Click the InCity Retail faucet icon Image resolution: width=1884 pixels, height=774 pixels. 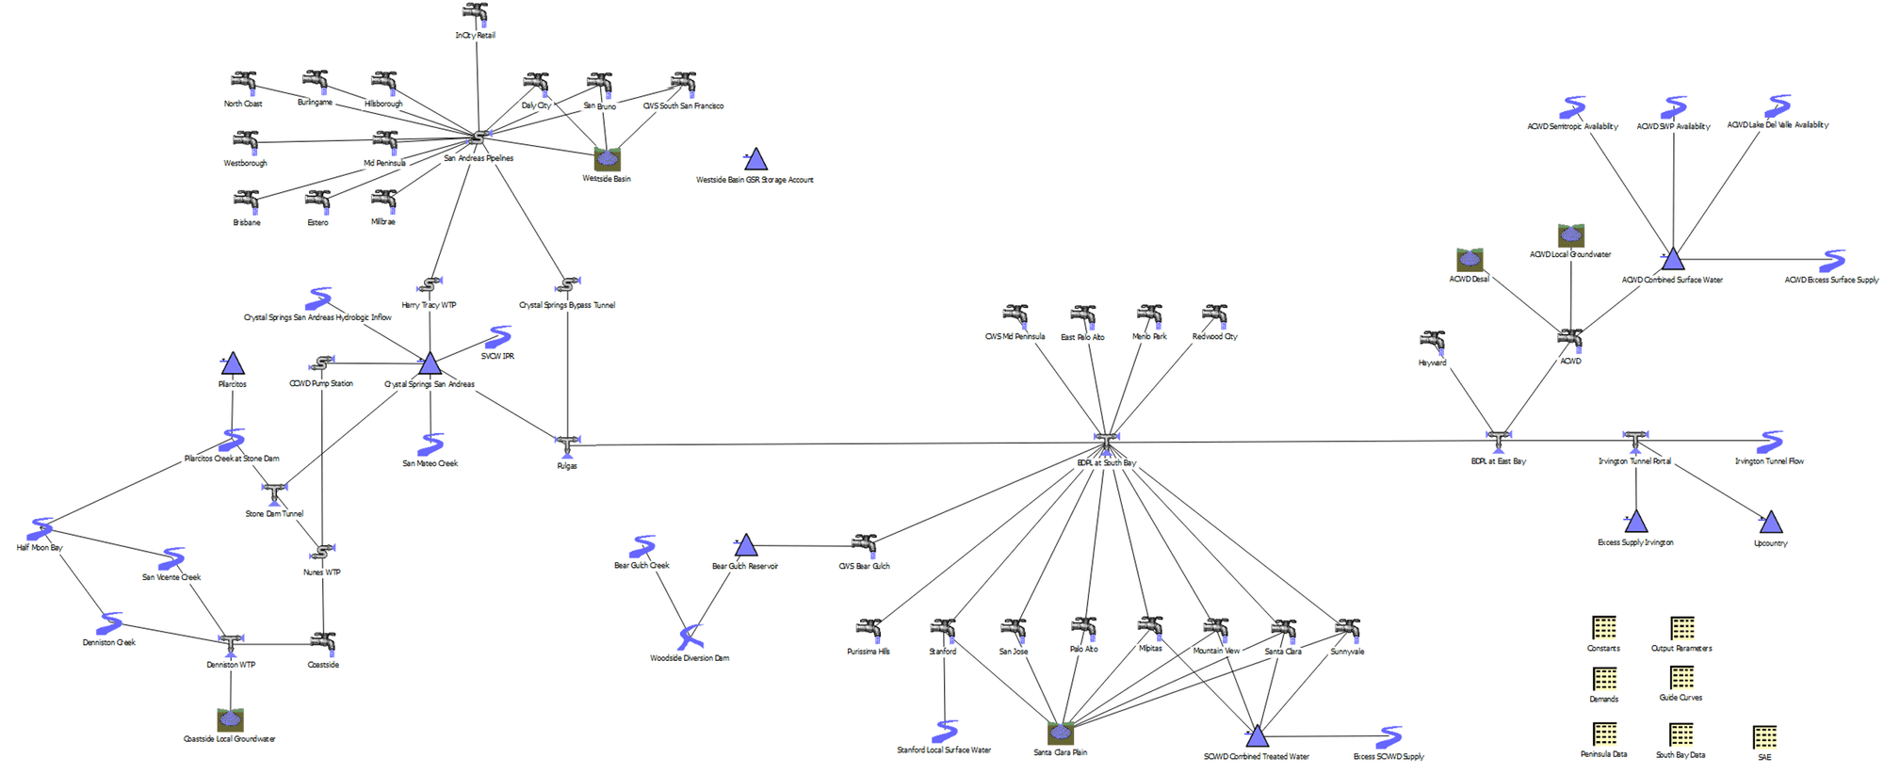click(x=476, y=14)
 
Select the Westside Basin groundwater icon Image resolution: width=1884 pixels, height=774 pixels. click(x=608, y=159)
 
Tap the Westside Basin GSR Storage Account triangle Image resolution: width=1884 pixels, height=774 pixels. click(x=755, y=159)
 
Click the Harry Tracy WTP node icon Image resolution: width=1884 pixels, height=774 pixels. click(x=430, y=284)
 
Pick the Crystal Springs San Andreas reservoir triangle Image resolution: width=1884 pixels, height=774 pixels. click(x=430, y=363)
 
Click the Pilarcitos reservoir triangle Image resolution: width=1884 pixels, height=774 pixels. click(x=233, y=363)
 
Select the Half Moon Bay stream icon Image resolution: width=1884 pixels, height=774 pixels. click(x=41, y=529)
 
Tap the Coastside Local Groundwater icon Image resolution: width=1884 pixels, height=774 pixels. click(x=230, y=720)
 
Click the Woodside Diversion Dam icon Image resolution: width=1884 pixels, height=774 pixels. click(x=690, y=637)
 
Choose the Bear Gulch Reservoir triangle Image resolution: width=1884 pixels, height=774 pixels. click(x=746, y=545)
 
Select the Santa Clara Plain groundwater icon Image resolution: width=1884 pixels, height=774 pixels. click(x=1061, y=733)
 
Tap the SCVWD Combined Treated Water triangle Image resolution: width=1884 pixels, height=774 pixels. click(x=1257, y=736)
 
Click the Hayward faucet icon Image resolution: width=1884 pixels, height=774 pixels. click(x=1433, y=343)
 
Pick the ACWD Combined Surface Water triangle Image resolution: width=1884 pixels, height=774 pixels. click(x=1672, y=258)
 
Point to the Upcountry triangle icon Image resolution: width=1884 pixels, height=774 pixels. click(x=1771, y=523)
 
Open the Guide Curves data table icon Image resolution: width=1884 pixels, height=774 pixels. click(x=1681, y=678)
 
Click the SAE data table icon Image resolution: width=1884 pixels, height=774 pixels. click(x=1764, y=736)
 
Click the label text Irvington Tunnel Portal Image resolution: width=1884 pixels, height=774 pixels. click(x=1634, y=461)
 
